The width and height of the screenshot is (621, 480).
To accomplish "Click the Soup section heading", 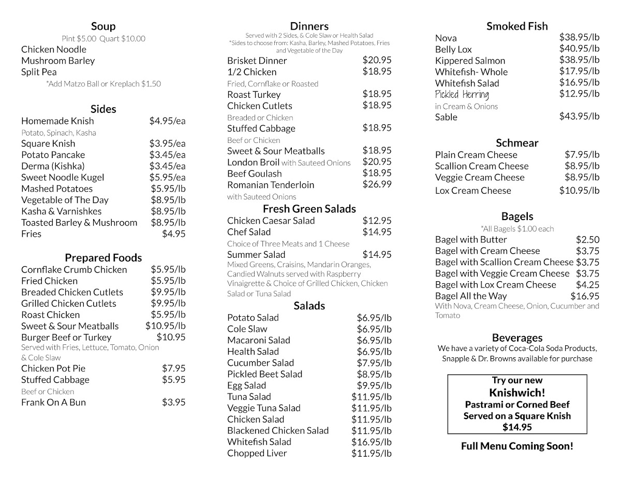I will point(103,26).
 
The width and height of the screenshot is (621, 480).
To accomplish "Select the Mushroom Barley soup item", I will point(58,61).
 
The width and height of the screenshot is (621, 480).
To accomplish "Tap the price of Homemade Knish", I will point(167,121).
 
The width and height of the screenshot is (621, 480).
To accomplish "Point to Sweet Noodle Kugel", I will point(63,178).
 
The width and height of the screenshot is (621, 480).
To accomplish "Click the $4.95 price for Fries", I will point(173,234).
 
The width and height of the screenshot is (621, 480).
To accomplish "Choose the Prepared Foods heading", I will point(103,258).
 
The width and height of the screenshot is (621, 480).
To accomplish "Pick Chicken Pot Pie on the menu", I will point(53,369).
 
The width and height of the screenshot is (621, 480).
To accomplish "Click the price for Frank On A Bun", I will point(173,402).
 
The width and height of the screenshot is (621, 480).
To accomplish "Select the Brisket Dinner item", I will point(257,61).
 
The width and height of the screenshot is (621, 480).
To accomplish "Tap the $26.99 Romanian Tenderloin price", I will point(377,184).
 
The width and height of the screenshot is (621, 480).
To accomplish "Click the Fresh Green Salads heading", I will point(309,209).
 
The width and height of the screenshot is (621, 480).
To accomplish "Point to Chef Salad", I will point(249,232).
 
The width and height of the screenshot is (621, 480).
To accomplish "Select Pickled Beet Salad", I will point(264,374).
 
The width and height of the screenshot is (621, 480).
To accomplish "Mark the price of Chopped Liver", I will point(371,454).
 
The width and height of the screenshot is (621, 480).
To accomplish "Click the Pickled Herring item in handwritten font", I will point(462,95).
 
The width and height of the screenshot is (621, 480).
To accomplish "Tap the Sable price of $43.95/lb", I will point(579,117).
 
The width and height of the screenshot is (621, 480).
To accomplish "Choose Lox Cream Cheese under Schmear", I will point(473,191).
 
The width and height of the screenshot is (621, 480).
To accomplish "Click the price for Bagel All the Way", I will point(585,296).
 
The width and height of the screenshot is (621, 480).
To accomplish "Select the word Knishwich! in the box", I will point(517,392).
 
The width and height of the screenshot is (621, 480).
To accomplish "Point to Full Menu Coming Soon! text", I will point(517,446).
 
